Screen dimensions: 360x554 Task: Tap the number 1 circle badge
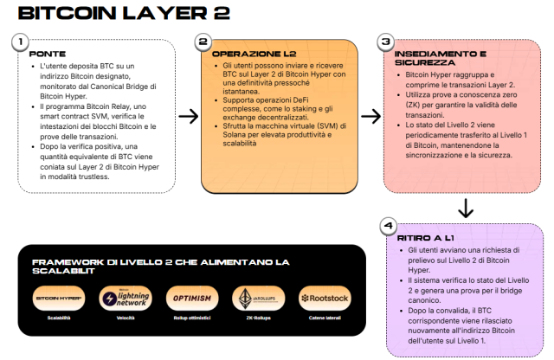coord(20,42)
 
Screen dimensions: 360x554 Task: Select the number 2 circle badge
coord(203,42)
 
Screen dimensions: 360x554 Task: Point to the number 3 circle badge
coord(386,42)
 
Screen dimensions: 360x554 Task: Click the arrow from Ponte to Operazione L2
coord(187,116)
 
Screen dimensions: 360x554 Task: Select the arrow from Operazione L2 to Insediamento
coord(370,116)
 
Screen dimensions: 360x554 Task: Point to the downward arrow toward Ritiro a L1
coord(465,207)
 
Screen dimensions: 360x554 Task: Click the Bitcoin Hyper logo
coord(59,298)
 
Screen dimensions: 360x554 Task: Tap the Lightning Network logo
coord(126,298)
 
